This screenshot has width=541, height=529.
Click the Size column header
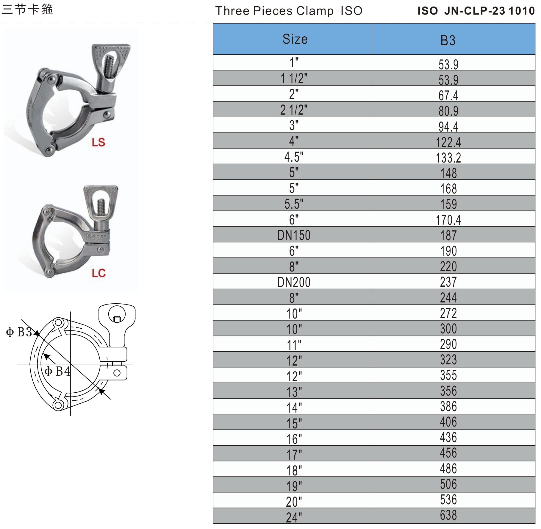coord(295,39)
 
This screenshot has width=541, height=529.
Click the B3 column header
coord(448,40)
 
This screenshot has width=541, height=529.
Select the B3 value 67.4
coord(448,96)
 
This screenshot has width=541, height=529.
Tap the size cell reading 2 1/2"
coord(294,110)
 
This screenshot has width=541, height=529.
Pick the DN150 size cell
coord(294,235)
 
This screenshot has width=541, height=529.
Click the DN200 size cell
coord(294,282)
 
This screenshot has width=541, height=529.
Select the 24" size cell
coord(294,517)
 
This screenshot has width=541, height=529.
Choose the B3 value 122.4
coord(448,142)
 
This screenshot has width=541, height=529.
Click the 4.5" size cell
coord(294,157)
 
